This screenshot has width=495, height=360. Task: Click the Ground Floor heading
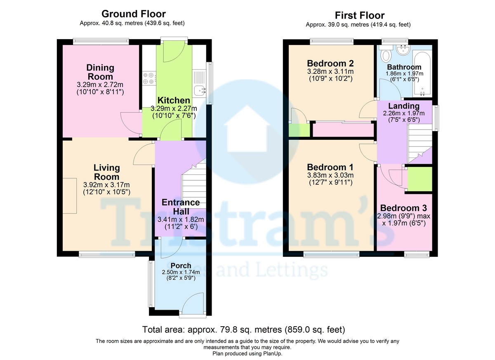pyautogui.click(x=134, y=14)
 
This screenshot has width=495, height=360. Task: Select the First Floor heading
pyautogui.click(x=360, y=15)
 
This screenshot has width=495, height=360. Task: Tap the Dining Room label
pyautogui.click(x=100, y=72)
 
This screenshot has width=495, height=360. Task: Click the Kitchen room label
pyautogui.click(x=174, y=100)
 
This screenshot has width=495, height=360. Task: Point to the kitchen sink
pyautogui.click(x=200, y=90)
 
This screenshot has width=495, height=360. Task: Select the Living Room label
pyautogui.click(x=107, y=172)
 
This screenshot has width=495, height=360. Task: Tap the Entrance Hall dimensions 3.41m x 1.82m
pyautogui.click(x=181, y=219)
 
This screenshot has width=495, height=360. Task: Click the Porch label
pyautogui.click(x=181, y=265)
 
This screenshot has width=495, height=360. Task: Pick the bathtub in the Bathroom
pyautogui.click(x=422, y=73)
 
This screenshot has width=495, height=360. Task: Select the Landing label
pyautogui.click(x=404, y=106)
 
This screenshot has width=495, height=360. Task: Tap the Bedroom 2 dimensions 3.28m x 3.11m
pyautogui.click(x=330, y=72)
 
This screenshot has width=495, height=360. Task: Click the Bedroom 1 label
pyautogui.click(x=330, y=167)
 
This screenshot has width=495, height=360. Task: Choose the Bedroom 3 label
pyautogui.click(x=403, y=208)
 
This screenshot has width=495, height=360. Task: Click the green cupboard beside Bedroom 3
pyautogui.click(x=420, y=179)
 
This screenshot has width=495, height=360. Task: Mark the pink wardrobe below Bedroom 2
pyautogui.click(x=343, y=130)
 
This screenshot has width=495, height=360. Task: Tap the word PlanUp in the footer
pyautogui.click(x=272, y=353)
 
